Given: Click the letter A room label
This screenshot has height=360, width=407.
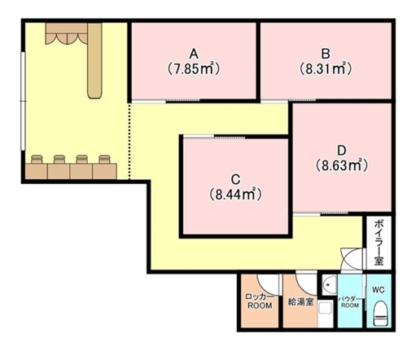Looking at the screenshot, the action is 194,54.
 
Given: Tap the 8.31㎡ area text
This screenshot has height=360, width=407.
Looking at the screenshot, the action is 326,69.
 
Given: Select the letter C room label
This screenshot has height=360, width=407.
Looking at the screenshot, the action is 235,179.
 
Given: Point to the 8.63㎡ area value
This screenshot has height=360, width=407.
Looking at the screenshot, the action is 342,165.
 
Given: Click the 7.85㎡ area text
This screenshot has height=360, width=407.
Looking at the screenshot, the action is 193,69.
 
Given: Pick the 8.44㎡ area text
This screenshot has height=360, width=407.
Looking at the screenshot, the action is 235,195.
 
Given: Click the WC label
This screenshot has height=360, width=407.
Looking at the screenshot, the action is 379,290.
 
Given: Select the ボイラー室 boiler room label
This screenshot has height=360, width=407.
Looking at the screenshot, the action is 379,244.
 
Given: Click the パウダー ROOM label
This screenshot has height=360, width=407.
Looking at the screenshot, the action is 350,302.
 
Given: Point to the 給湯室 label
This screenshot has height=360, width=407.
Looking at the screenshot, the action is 300,301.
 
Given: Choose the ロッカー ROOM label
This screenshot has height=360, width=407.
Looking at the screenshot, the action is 260,301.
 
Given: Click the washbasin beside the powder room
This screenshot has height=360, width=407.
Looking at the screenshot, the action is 329,285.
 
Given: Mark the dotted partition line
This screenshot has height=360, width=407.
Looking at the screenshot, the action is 129,141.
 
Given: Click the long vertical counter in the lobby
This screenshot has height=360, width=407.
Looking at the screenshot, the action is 94,60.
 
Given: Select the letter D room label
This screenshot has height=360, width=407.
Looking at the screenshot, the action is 342,150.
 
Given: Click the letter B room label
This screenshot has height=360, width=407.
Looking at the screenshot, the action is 326,54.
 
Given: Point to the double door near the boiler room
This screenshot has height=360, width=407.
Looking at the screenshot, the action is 352,259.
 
